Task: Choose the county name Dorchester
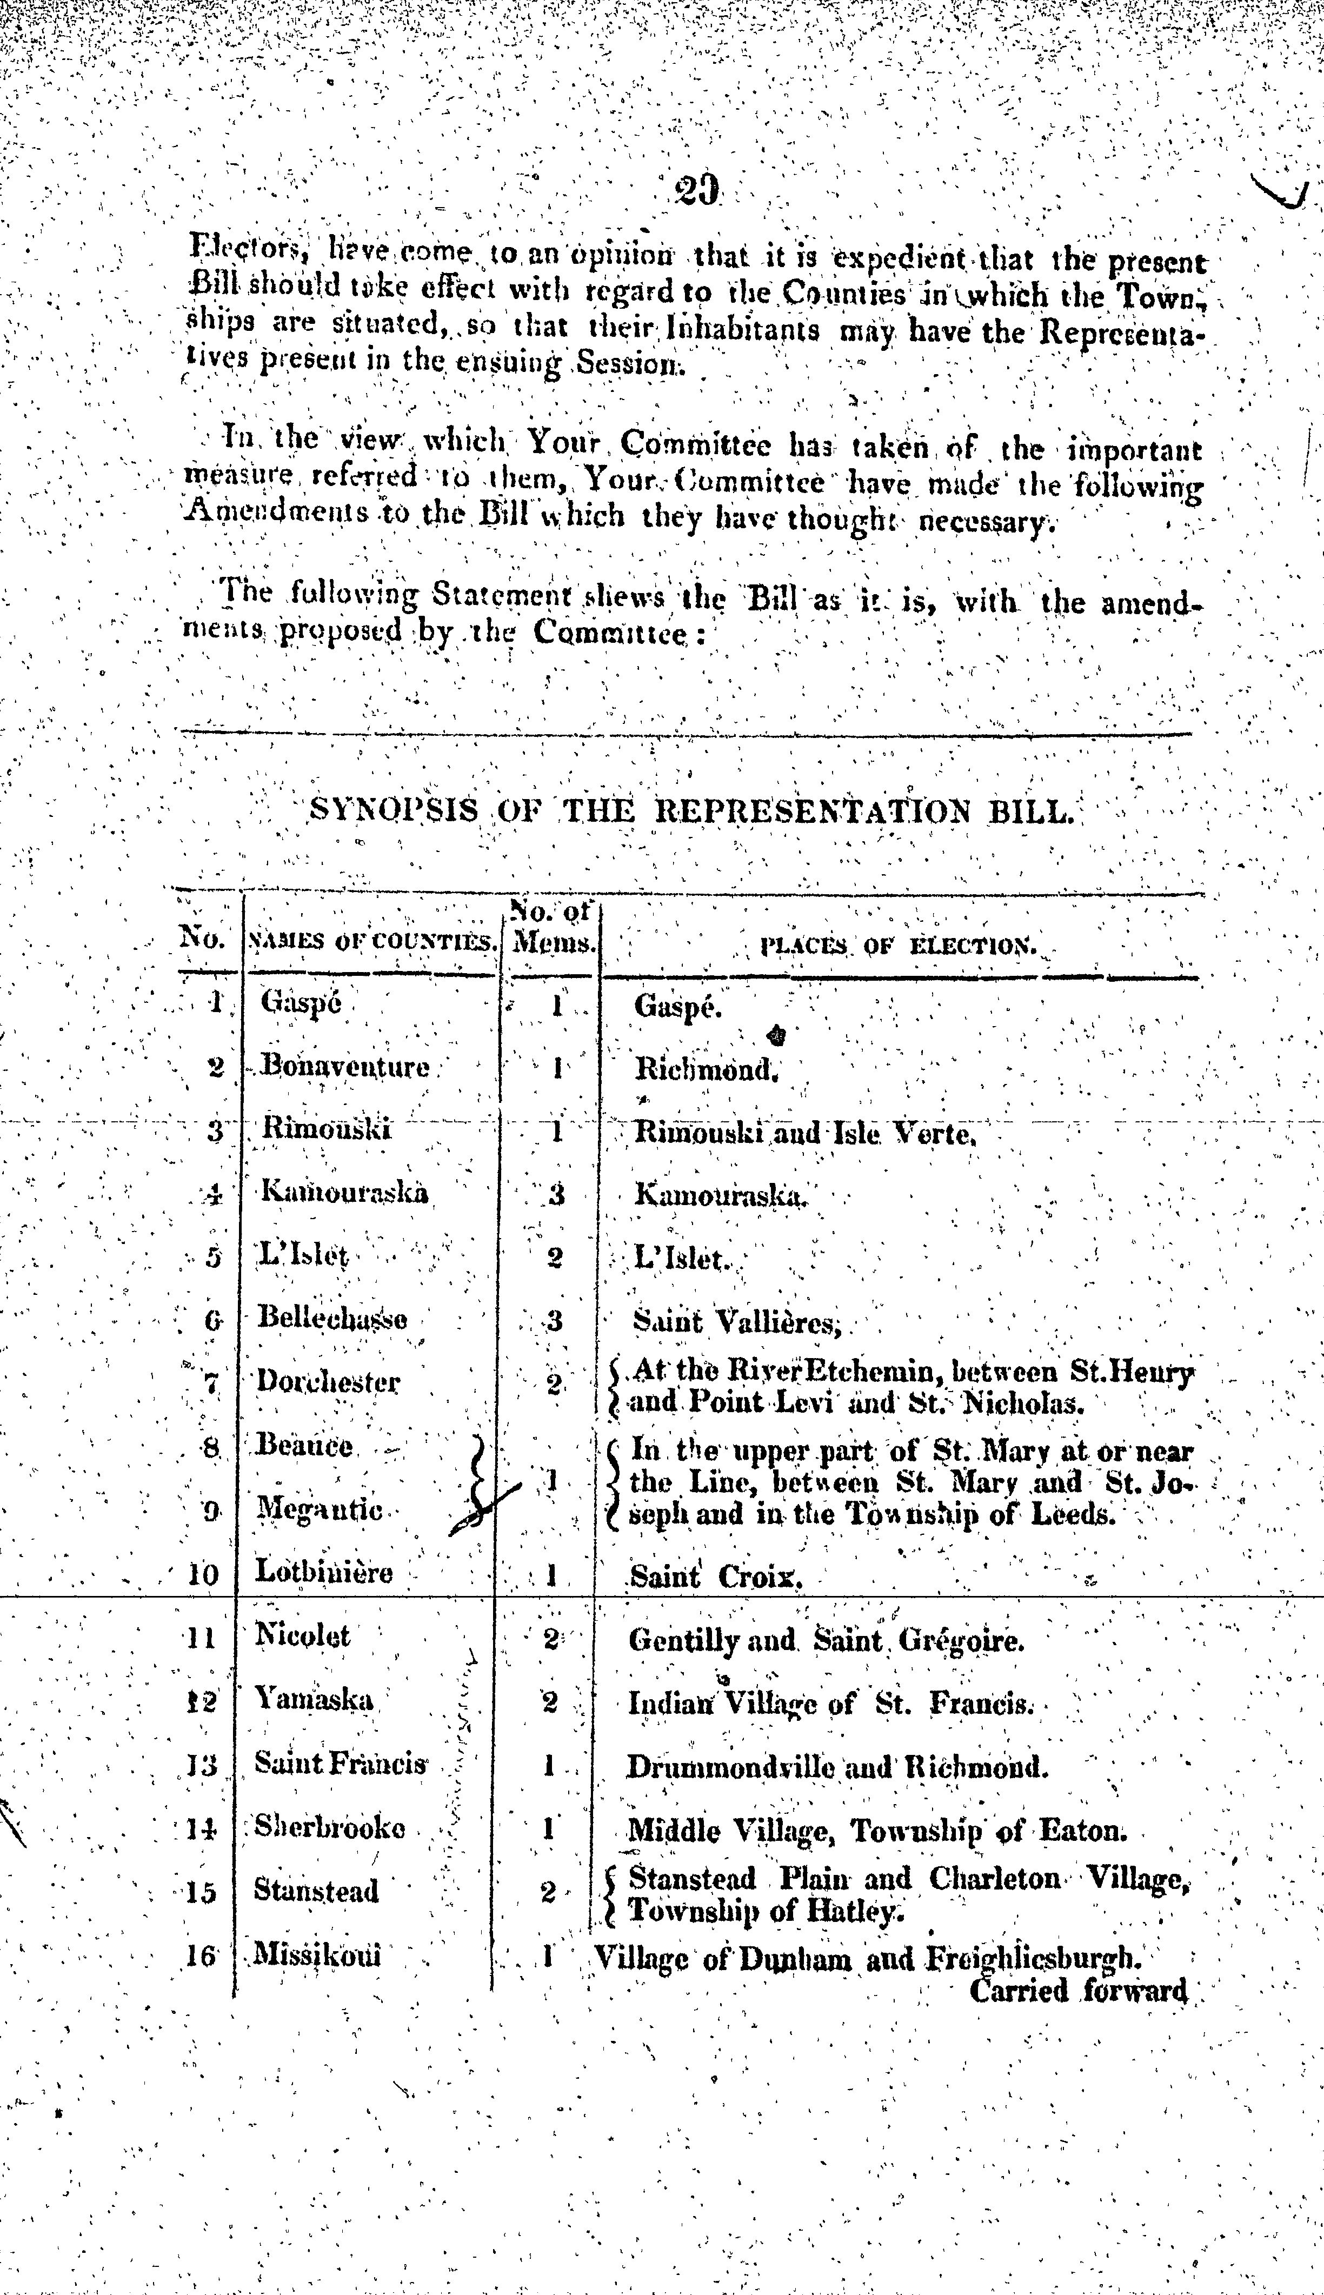pyautogui.click(x=328, y=1381)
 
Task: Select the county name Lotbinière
pyautogui.click(x=324, y=1571)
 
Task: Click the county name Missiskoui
pyautogui.click(x=316, y=1953)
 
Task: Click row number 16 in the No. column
pyautogui.click(x=200, y=1953)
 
